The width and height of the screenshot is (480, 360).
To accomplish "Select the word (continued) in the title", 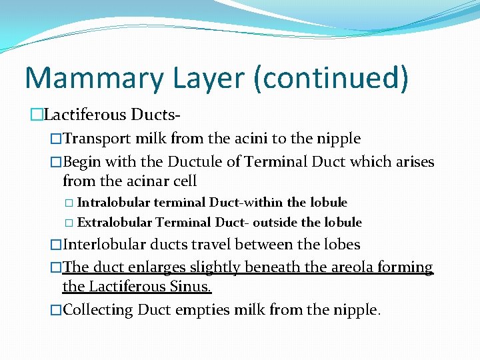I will (332, 77).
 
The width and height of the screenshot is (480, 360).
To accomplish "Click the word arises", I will (411, 162).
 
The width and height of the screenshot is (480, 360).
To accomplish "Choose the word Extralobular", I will (115, 222).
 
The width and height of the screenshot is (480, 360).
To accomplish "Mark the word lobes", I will (341, 245).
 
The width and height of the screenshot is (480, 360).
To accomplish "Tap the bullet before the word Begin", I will (56, 162).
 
